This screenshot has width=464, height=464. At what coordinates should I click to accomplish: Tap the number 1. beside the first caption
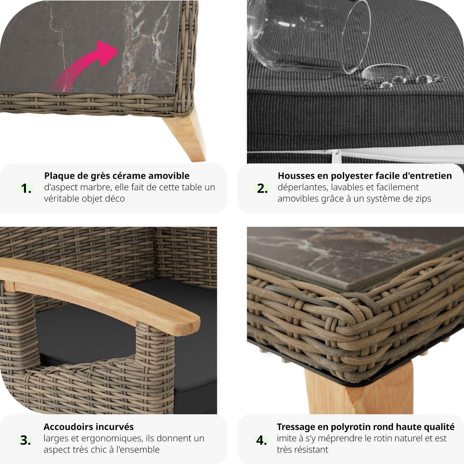pyautogui.click(x=26, y=189)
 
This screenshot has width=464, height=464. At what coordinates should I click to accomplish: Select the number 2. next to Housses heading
pyautogui.click(x=263, y=189)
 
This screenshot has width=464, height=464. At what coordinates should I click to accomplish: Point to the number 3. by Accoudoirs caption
pyautogui.click(x=26, y=440)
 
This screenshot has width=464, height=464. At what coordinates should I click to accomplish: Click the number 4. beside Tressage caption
pyautogui.click(x=262, y=440)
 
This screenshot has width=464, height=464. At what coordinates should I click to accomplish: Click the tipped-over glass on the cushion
pyautogui.click(x=309, y=35)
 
